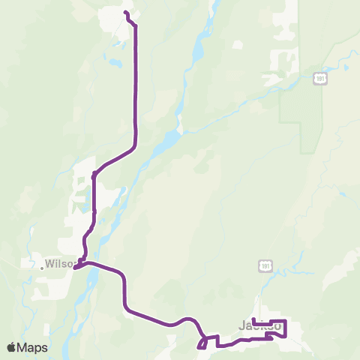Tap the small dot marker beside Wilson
(x=42, y=265)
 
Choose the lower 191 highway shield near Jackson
(x=264, y=266)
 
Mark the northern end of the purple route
(x=125, y=13)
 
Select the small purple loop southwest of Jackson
(x=202, y=343)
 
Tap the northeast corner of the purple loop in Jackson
(x=286, y=321)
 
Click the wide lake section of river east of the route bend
(x=169, y=140)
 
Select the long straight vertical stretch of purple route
(x=136, y=82)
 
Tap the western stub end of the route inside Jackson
(x=254, y=320)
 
